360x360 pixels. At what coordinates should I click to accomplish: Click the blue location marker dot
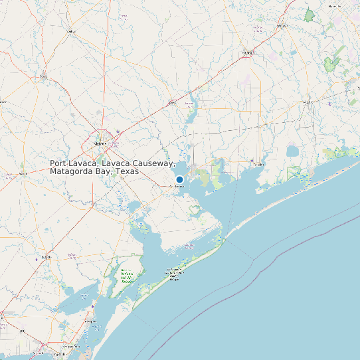click(179, 179)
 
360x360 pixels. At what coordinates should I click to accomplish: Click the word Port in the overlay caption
click(58, 163)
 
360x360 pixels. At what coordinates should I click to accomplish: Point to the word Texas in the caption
click(126, 171)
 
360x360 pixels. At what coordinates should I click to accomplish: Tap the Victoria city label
click(101, 143)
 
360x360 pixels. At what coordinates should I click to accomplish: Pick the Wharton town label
click(284, 27)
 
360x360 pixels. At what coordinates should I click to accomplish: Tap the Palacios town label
click(258, 164)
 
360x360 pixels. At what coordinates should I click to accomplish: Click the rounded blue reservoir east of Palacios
click(292, 151)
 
